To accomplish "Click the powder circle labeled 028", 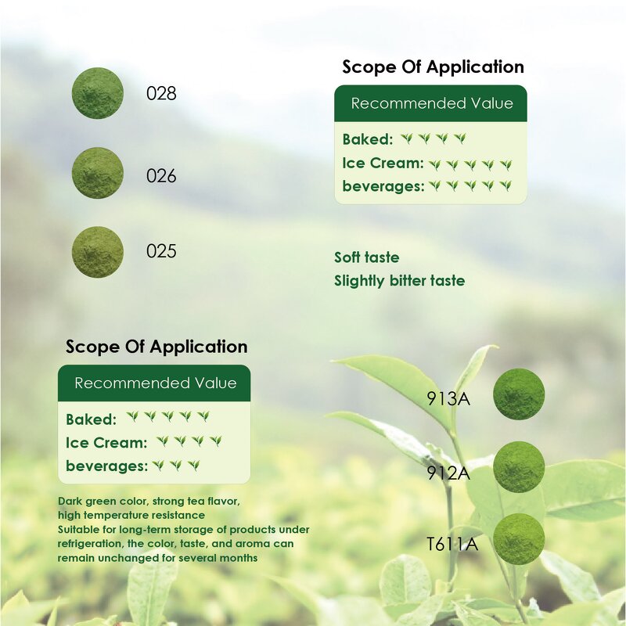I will (98, 93).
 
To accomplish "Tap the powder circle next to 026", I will (98, 173).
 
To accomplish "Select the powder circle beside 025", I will (98, 252).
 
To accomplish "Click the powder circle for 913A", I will (519, 394).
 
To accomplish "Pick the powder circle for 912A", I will (519, 466).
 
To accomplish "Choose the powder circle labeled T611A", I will (519, 538).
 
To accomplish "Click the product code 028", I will (161, 94).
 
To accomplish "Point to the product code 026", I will (161, 176).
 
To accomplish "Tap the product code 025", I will (161, 252).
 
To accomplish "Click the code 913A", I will (448, 398).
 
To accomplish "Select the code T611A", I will (452, 543).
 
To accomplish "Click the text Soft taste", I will (366, 257).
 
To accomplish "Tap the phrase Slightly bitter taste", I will (399, 280).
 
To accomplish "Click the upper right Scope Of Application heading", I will (433, 67).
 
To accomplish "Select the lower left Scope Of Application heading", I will (156, 347).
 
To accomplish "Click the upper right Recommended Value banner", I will (431, 103).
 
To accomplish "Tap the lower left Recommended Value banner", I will (155, 383).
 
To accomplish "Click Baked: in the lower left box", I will (91, 419).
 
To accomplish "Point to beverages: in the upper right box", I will (383, 186).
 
